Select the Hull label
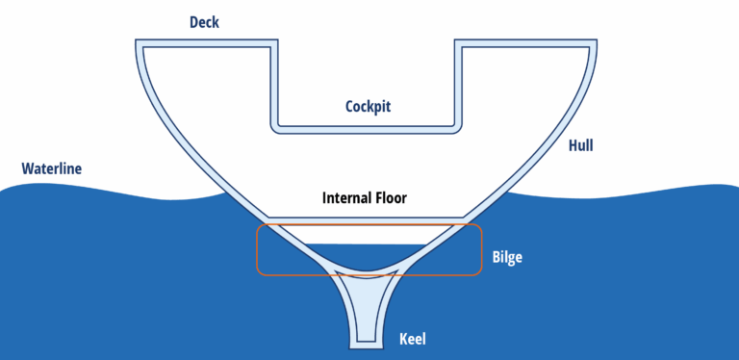(580, 145)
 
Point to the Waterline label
(52, 169)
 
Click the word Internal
(347, 199)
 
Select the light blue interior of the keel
(368, 298)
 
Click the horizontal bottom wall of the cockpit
(368, 125)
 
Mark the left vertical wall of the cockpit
(273, 87)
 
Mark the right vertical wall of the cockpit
(458, 87)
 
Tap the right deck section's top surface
(527, 42)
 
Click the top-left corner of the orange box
(258, 226)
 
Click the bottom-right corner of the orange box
(479, 274)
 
